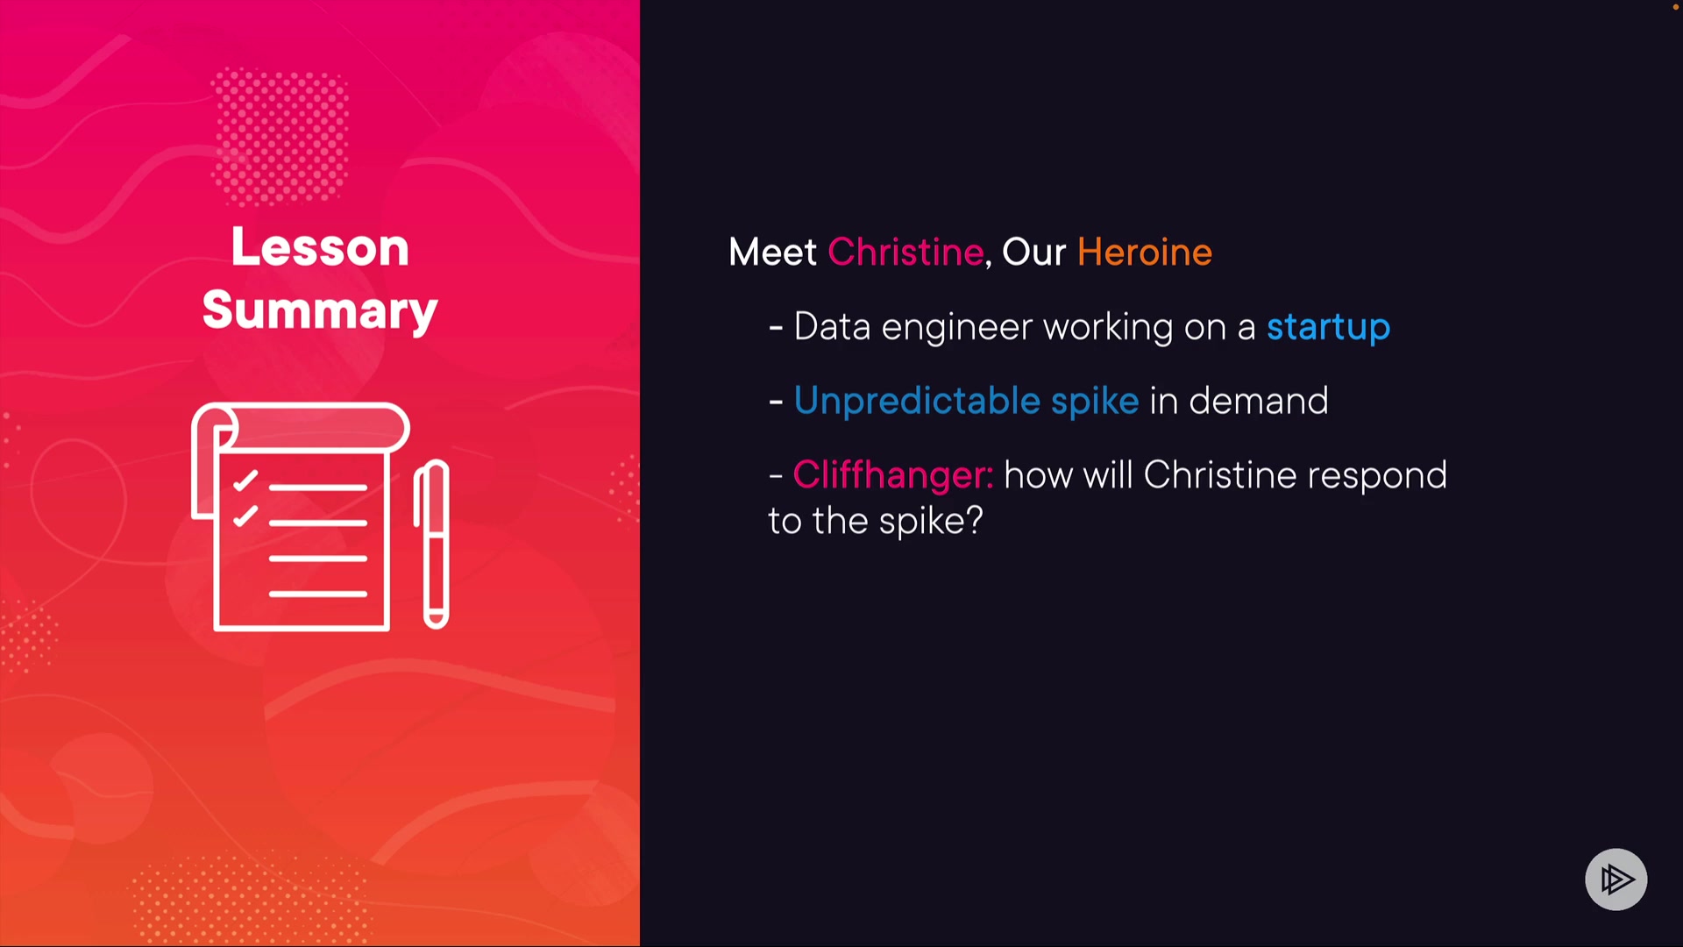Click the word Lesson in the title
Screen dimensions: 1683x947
pos(320,247)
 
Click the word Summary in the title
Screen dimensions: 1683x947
pos(320,311)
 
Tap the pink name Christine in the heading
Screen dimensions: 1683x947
pos(905,252)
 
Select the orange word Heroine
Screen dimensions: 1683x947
pos(1144,252)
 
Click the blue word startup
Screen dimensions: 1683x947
pos(1328,328)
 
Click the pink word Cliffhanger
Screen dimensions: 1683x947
pos(892,474)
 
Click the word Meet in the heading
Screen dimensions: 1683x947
pos(772,252)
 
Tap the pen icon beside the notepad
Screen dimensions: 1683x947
pos(432,544)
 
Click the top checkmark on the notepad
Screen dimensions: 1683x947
pos(245,481)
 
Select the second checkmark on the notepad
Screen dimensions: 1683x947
pos(245,516)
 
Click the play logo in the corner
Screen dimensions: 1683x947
pos(1616,879)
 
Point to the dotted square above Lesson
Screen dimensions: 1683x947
pos(280,137)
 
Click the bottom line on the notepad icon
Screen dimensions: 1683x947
pos(317,594)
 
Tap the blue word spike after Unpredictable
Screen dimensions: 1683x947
pos(1095,401)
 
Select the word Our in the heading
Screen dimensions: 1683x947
pos(1033,252)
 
